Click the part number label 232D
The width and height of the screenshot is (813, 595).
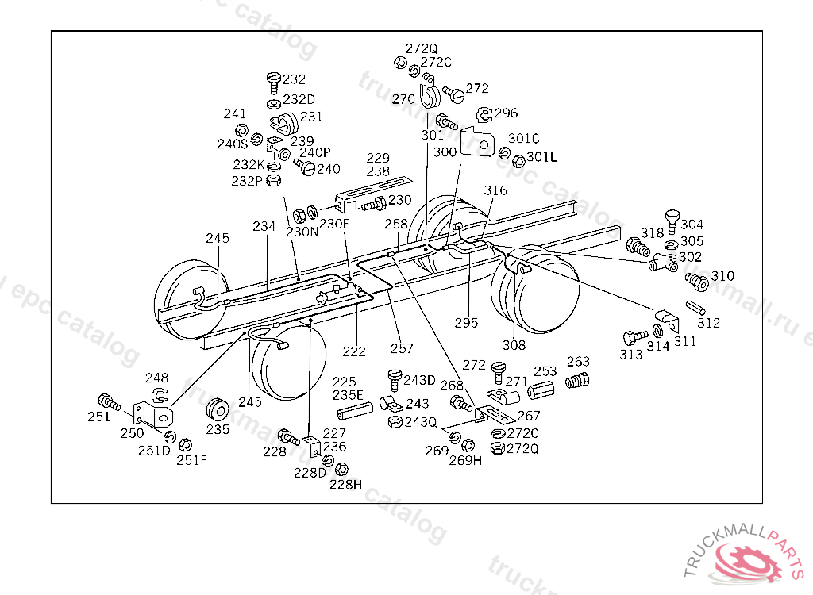coord(299,100)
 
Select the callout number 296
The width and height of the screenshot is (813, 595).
coord(506,113)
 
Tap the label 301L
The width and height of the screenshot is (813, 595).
coord(541,157)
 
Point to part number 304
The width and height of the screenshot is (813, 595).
coord(692,225)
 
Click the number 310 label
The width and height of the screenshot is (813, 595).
coord(722,276)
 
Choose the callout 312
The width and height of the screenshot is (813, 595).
coord(708,323)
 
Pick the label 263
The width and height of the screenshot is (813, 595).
coord(579,363)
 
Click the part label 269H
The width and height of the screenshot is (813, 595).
coord(465,460)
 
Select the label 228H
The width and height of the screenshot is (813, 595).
coord(345,485)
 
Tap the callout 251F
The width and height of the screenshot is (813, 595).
coord(191,460)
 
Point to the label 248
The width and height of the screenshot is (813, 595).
coord(156,378)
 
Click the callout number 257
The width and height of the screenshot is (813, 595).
coord(402,348)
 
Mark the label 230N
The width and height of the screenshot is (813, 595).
coord(302,232)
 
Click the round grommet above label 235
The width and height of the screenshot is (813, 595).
coord(218,410)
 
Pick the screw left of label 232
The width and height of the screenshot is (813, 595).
coord(274,79)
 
